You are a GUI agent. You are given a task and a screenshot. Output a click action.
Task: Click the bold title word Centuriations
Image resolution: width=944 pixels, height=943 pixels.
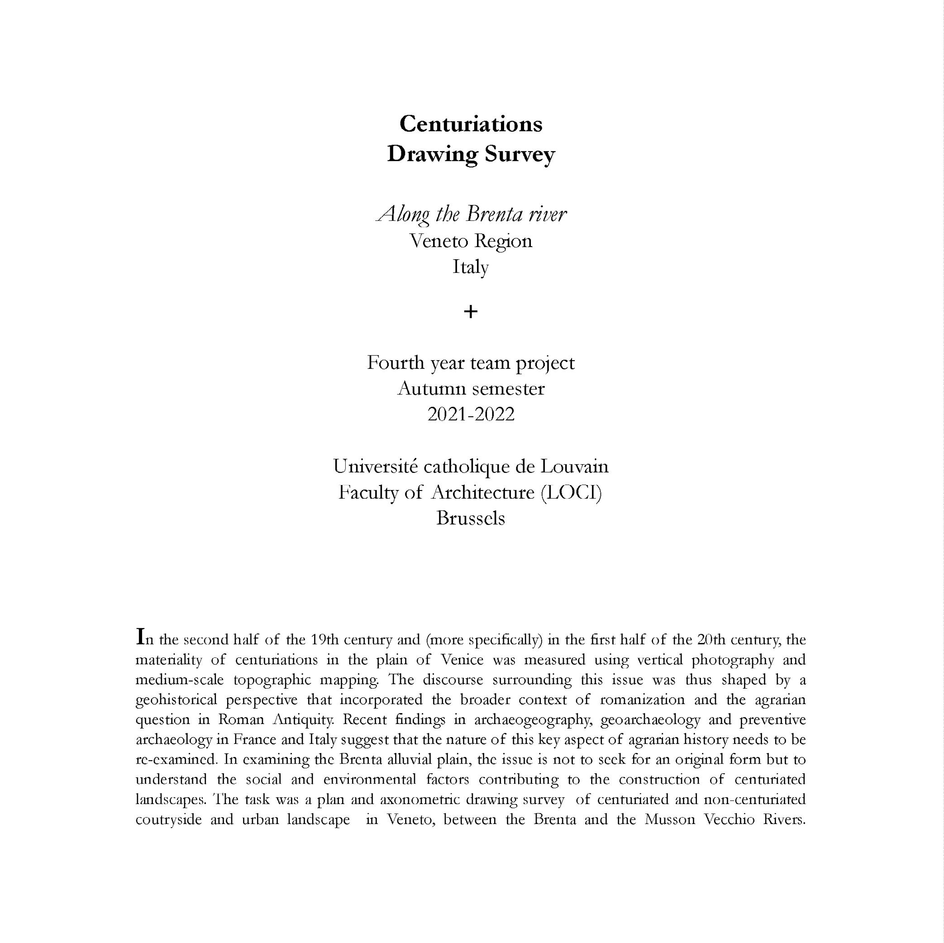[x=471, y=124]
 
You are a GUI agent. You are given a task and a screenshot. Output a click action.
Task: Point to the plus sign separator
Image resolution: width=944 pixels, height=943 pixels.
[x=471, y=312]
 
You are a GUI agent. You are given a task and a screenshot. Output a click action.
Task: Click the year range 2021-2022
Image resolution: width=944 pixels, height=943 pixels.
[x=471, y=414]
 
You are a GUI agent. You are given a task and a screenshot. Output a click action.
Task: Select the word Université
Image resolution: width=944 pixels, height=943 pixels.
[x=375, y=466]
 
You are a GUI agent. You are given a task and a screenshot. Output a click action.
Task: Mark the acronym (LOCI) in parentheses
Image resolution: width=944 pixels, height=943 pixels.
[x=571, y=492]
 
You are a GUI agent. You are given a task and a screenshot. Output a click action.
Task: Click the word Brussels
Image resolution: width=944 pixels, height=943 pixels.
[x=471, y=518]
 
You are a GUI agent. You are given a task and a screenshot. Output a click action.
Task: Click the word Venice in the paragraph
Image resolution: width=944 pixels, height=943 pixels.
[x=462, y=660]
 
